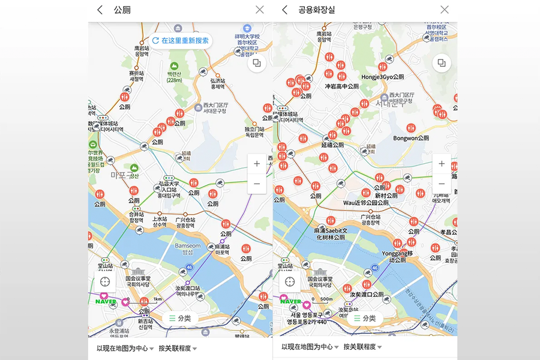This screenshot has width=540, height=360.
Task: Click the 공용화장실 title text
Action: pyautogui.click(x=317, y=10)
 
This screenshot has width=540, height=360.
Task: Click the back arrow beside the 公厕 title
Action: pyautogui.click(x=100, y=10)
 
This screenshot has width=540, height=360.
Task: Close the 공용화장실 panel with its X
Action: pyautogui.click(x=444, y=10)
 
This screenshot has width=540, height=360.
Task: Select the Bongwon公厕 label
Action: pyautogui.click(x=411, y=138)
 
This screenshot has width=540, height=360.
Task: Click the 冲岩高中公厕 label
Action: pyautogui.click(x=341, y=86)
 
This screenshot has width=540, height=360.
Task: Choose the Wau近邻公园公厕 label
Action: pyautogui.click(x=365, y=203)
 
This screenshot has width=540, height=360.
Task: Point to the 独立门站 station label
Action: pyautogui.click(x=254, y=132)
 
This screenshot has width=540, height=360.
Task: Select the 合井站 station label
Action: pyautogui.click(x=136, y=217)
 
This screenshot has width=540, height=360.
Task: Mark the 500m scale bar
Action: pyautogui.click(x=325, y=299)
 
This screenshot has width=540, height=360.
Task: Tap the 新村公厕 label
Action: pyautogui.click(x=386, y=196)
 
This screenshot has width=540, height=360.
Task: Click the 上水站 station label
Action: pyautogui.click(x=160, y=223)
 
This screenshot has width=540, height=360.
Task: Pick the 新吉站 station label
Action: pyautogui.click(x=145, y=324)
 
